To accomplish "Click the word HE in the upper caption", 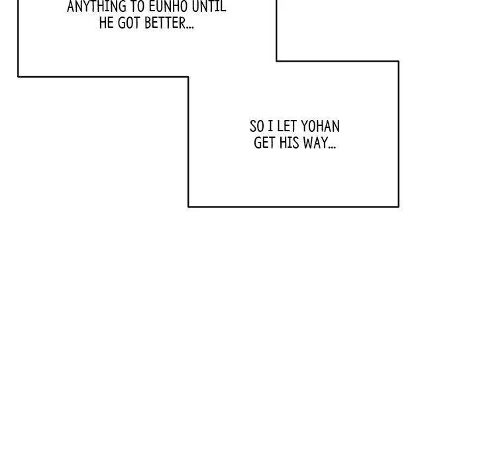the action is pos(106,23).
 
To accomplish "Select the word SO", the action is pos(257,127).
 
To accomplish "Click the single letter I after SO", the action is pos(270,127).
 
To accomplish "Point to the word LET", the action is pos(287,127).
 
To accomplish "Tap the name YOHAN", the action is pos(321,127).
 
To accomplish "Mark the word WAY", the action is pos(315,143).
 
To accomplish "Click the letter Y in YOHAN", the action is pos(305,127).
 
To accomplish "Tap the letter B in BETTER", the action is pos(148,23).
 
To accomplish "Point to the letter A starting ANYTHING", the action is pos(71,6).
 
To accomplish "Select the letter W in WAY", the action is pos(308,143).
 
